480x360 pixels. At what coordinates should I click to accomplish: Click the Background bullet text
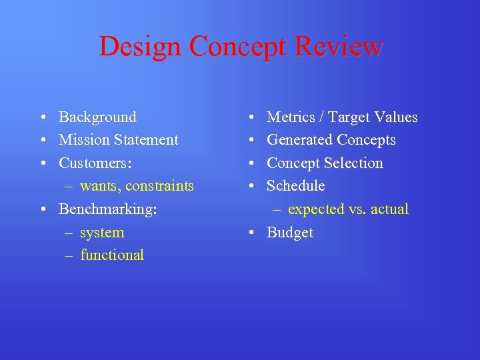[97, 117]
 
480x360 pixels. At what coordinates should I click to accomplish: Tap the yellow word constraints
[157, 186]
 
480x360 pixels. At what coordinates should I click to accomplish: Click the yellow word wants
[97, 187]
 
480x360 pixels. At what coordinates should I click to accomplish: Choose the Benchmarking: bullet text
[108, 209]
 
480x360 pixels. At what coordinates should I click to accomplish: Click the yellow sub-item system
[102, 233]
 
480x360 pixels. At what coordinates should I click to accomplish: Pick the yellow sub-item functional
[112, 255]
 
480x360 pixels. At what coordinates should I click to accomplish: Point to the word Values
[395, 117]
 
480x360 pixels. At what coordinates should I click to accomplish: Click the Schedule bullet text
[296, 186]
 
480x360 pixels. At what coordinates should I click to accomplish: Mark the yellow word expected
[315, 209]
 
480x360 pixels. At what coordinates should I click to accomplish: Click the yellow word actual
[389, 209]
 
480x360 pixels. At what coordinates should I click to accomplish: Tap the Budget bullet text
[289, 233]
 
